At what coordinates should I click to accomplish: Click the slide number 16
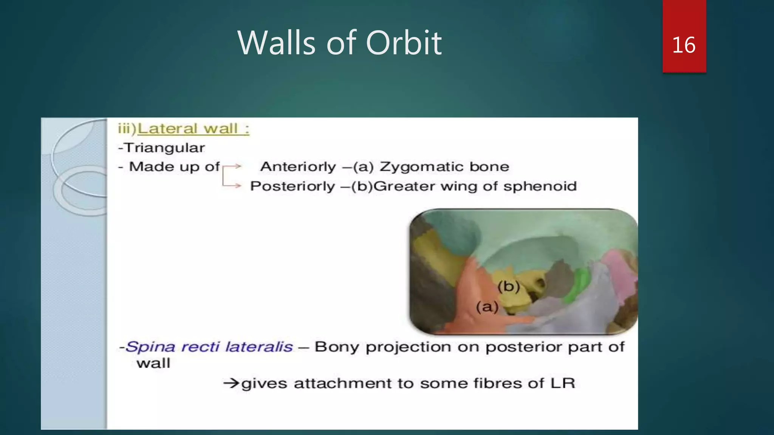tap(684, 45)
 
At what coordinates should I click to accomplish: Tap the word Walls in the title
tap(276, 43)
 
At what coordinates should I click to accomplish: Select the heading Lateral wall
tap(193, 129)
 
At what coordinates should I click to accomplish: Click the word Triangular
tap(164, 148)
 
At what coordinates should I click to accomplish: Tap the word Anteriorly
tap(298, 167)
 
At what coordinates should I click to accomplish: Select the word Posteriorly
tap(293, 186)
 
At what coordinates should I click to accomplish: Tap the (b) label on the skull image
tap(508, 287)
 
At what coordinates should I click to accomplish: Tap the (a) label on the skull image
tap(487, 307)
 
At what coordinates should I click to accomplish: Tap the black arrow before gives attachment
tap(231, 384)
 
